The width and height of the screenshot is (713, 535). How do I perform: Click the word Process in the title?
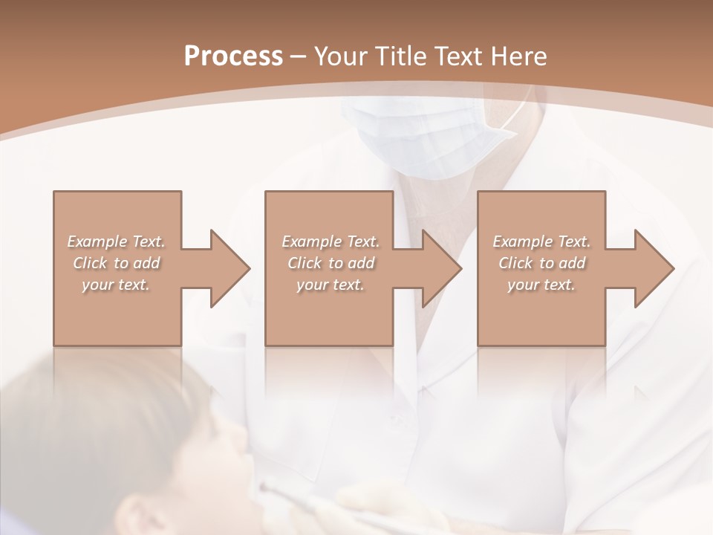[233, 56]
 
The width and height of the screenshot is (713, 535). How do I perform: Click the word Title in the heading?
[397, 56]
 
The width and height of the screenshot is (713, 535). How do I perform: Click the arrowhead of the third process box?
[654, 268]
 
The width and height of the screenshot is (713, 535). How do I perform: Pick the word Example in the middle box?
[310, 241]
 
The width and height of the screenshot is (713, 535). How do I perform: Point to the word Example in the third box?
[521, 241]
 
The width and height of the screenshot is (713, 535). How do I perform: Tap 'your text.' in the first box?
[116, 285]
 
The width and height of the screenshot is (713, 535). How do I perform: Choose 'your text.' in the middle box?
[331, 285]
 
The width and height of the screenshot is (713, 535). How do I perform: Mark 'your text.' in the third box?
[541, 285]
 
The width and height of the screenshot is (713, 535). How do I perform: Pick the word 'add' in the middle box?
[361, 263]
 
